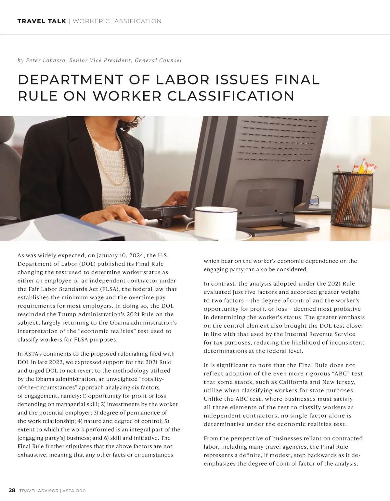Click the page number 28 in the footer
pyautogui.click(x=12, y=490)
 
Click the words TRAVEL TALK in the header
pyautogui.click(x=42, y=21)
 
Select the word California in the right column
pyautogui.click(x=291, y=382)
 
